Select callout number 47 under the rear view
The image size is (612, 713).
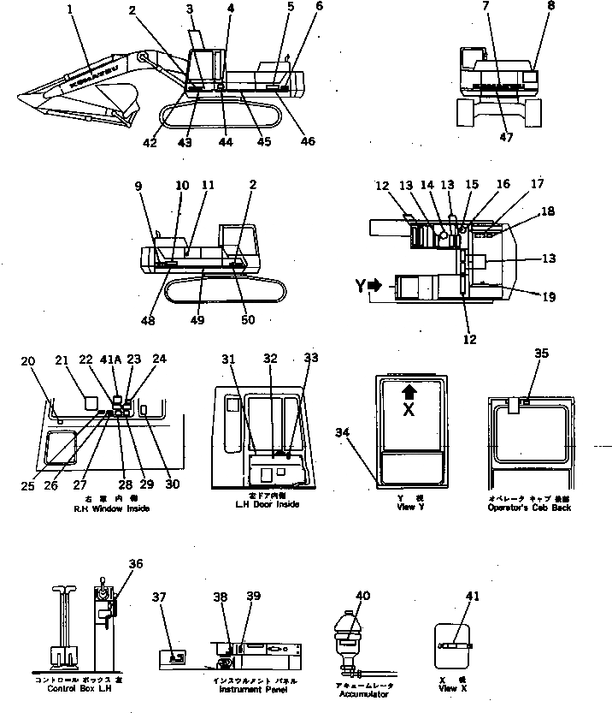(505, 137)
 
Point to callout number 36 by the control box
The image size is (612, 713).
(136, 563)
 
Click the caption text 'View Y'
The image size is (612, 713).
(404, 508)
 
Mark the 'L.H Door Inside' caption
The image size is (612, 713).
(268, 505)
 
